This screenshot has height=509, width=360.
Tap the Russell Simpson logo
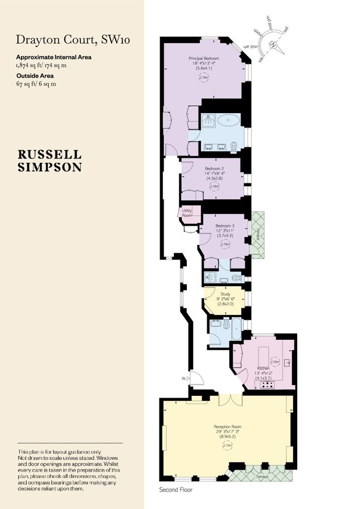(50, 161)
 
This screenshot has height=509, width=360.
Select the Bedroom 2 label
(215, 169)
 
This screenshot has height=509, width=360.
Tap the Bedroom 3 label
(225, 227)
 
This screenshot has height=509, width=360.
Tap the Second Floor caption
(177, 490)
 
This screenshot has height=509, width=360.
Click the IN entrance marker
(184, 378)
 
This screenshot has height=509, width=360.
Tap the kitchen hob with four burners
(267, 385)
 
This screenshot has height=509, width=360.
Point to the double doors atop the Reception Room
(230, 399)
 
